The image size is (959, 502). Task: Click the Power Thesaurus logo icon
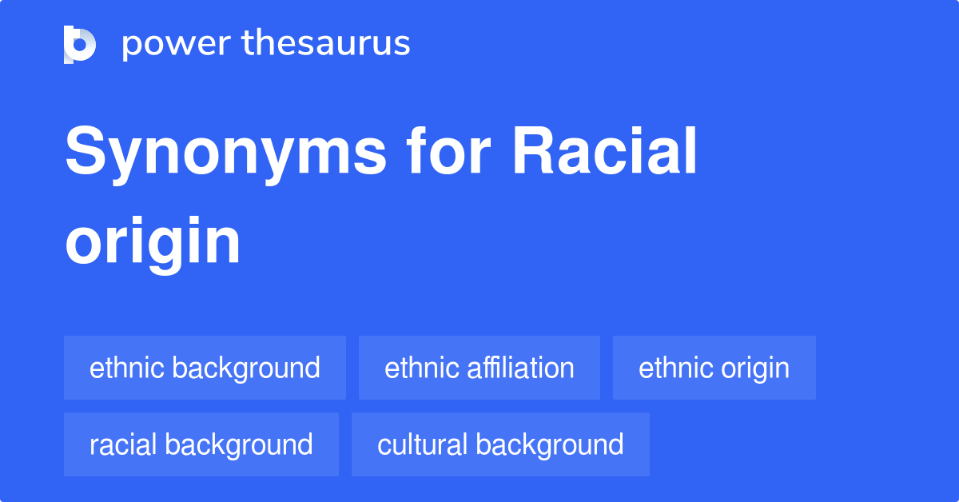pos(80,44)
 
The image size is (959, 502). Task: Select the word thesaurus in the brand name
pos(326,43)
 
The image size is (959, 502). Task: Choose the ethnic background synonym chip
pos(205,368)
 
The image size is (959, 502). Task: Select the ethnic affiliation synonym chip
pos(479,368)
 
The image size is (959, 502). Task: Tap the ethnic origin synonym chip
pos(714,368)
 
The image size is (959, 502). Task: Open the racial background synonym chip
pos(201,444)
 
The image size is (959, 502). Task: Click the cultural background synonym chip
pos(500,444)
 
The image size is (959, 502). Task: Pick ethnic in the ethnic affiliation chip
pos(415,368)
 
